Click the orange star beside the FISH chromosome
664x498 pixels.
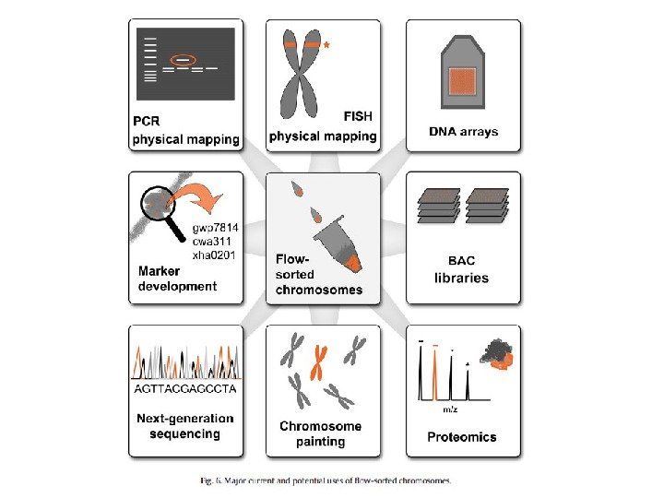coord(326,44)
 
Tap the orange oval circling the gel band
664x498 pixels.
coord(184,61)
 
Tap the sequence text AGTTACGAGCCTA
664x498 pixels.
coord(185,388)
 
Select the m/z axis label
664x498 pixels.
coord(450,408)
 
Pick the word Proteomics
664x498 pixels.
coord(462,436)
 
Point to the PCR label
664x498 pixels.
coord(148,122)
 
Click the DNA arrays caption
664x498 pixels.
coord(463,132)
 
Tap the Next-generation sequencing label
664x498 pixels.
coord(185,426)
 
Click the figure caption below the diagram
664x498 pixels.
coord(327,480)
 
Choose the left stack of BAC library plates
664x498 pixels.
coord(439,207)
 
